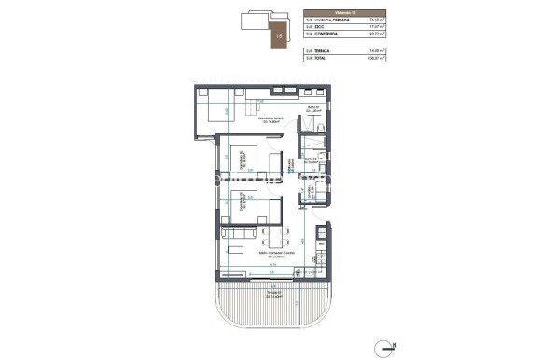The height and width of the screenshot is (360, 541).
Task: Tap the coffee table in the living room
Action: coord(241,250)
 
